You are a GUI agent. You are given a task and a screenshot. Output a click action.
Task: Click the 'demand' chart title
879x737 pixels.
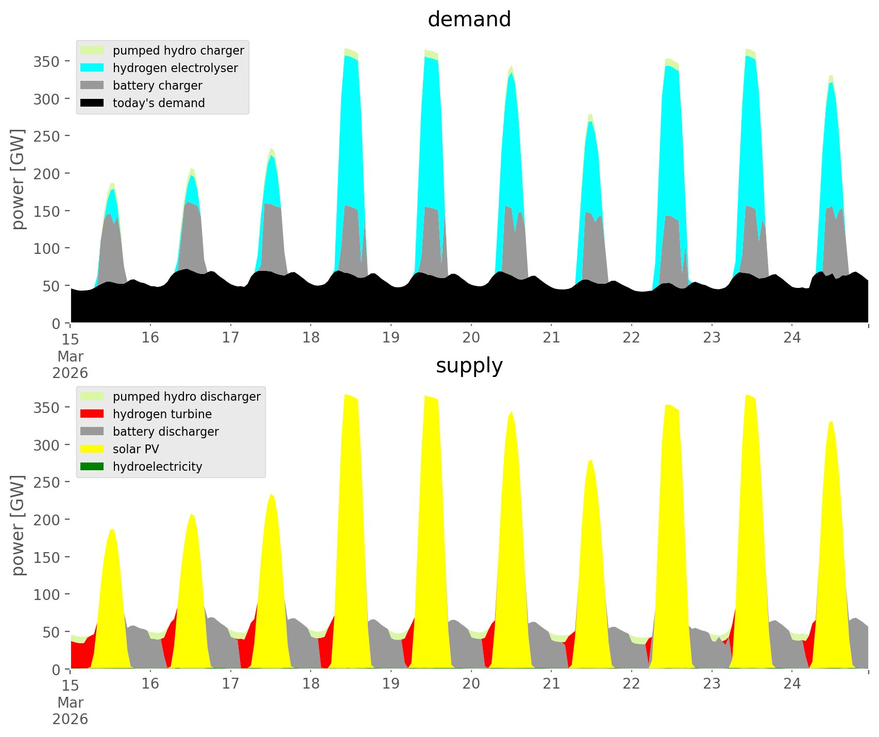tap(469, 20)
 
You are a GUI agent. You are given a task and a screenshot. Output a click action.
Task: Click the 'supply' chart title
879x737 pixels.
tap(469, 366)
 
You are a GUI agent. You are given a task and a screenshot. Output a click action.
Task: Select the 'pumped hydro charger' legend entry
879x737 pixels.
tap(178, 50)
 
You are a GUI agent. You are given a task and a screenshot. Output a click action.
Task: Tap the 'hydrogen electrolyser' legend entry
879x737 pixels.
tap(175, 68)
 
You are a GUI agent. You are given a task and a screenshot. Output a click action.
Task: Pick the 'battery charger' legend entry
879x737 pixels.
tap(157, 85)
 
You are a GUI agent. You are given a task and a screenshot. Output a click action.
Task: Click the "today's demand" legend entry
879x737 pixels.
tap(159, 103)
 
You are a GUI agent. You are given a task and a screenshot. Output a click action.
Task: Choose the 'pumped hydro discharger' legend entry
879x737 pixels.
tap(186, 397)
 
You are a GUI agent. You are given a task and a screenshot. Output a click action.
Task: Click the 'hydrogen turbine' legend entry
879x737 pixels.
tap(162, 414)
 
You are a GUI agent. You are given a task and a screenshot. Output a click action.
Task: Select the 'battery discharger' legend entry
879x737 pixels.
tap(165, 432)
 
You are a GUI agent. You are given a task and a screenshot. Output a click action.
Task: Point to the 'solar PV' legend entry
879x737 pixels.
tap(136, 449)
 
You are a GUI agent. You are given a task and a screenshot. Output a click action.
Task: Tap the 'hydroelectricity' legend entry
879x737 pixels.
tap(157, 467)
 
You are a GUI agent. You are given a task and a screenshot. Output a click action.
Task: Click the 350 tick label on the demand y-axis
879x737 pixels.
tap(47, 61)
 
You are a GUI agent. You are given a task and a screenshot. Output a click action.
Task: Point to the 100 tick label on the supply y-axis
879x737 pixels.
tap(47, 594)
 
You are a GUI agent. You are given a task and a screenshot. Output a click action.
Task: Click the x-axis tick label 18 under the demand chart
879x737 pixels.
tap(311, 338)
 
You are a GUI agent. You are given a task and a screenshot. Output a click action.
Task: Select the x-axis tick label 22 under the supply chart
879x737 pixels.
tap(631, 684)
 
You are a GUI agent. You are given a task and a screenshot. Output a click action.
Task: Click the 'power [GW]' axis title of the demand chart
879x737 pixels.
tap(18, 179)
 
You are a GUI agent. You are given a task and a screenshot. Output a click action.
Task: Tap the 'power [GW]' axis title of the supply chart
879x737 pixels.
tap(18, 525)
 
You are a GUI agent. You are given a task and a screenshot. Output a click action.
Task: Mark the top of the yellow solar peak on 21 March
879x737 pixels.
tap(590, 460)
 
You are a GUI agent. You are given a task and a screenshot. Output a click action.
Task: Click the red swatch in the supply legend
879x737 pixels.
tap(92, 414)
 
